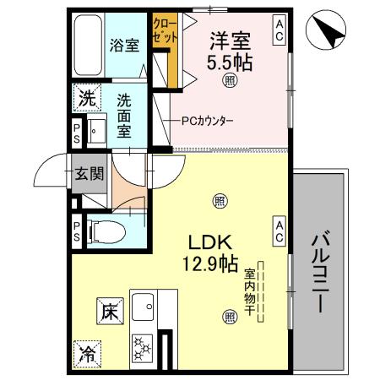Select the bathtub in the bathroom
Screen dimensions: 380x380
coord(87,46)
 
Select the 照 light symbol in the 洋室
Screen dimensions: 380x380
coord(230,81)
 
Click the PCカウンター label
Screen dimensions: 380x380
coord(208,120)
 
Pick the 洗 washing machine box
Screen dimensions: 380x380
coord(86,99)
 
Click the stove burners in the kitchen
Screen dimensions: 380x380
coord(143,347)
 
